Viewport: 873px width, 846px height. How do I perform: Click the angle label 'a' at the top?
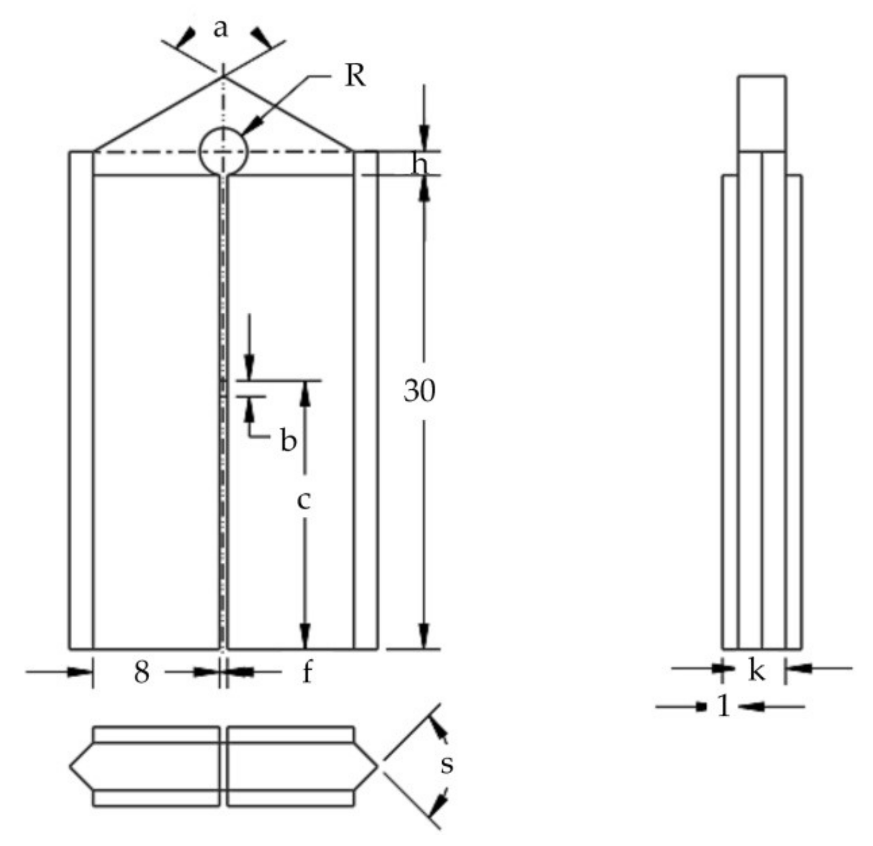coord(220,28)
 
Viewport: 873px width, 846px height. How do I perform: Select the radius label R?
coord(354,76)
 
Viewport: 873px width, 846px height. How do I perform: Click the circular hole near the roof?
coord(224,151)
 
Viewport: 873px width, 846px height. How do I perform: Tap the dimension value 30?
coord(419,391)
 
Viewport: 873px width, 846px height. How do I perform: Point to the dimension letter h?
coord(419,164)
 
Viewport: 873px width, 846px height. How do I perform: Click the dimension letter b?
coord(288,440)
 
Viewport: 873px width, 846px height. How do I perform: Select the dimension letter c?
coord(304,500)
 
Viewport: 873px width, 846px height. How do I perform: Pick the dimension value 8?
coord(141,672)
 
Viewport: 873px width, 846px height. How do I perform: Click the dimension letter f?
coord(307,672)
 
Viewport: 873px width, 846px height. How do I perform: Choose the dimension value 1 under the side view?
coord(724,706)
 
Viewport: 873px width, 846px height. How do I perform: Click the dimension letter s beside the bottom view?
coord(447,764)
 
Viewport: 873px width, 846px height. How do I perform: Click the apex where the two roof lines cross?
coord(224,77)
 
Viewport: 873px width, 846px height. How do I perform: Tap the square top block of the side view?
coord(762,113)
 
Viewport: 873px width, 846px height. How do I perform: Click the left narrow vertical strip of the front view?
coord(81,401)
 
